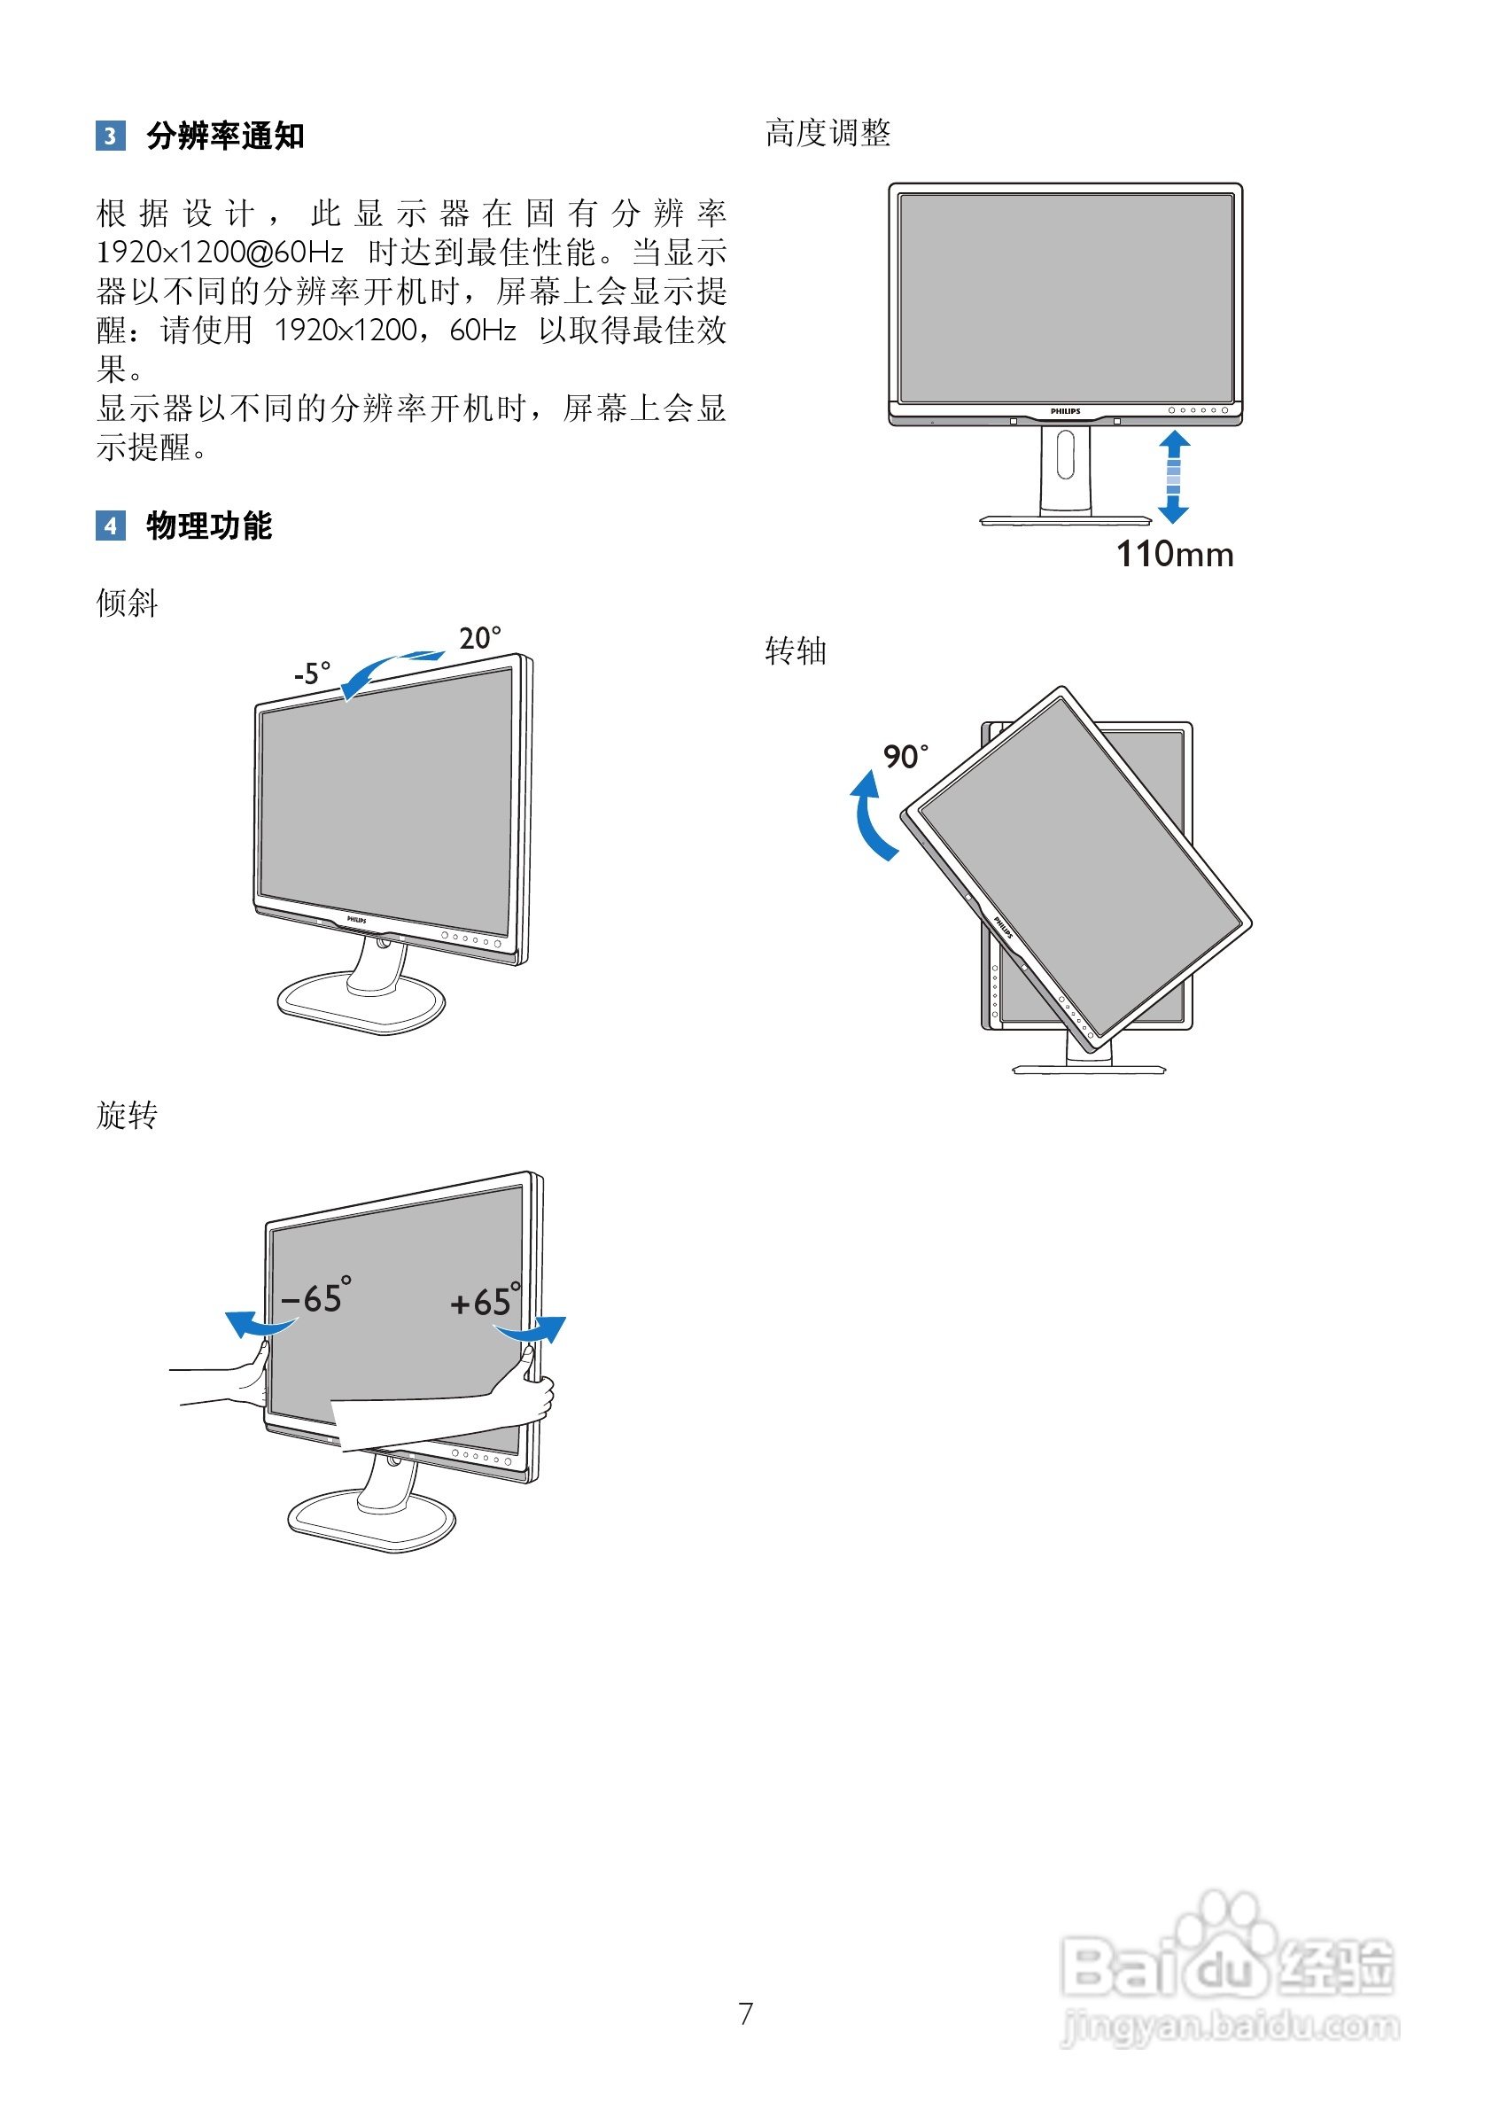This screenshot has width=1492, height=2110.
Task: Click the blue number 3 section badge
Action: click(110, 136)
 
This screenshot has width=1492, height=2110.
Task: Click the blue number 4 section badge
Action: click(110, 526)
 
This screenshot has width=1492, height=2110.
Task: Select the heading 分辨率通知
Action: click(225, 136)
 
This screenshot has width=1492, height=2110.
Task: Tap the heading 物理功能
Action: click(208, 526)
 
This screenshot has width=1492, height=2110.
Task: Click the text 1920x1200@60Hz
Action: click(220, 253)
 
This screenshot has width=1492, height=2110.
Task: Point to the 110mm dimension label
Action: click(1174, 555)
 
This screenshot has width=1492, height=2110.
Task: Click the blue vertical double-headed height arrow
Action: click(1173, 478)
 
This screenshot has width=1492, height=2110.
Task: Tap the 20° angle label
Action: click(479, 638)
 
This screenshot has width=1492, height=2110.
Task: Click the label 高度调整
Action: click(828, 134)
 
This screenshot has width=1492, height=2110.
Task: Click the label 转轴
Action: click(796, 651)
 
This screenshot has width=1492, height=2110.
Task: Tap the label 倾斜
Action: click(127, 603)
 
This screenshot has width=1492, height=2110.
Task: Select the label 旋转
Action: click(127, 1116)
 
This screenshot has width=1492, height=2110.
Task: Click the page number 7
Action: click(745, 2013)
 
